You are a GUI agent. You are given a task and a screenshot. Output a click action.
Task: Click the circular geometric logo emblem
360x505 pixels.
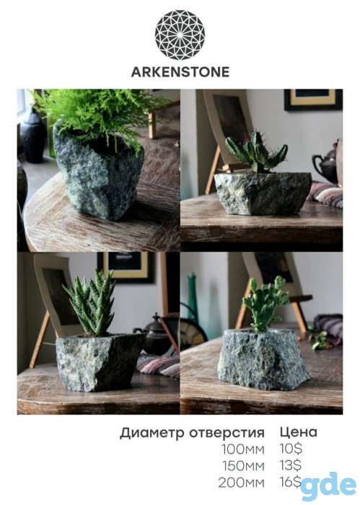coord(180,35)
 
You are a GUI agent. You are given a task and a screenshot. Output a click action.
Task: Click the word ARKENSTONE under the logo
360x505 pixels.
coord(180,72)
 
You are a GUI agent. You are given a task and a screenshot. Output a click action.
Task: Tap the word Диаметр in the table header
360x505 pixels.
coord(152,434)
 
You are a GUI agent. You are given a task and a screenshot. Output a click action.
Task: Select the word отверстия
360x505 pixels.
coord(227,433)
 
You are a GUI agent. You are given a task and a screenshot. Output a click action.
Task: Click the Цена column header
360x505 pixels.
coord(299,432)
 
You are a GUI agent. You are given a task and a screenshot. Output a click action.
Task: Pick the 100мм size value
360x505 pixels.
coord(243,449)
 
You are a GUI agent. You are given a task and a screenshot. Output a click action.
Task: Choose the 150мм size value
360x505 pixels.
coord(243,466)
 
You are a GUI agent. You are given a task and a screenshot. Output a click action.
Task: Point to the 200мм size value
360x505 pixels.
coord(241,483)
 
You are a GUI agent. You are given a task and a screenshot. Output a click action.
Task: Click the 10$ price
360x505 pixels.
coord(291,449)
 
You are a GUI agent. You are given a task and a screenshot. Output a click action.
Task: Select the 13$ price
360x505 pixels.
coord(291,465)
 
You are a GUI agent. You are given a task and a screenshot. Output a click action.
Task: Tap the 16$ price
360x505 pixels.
coord(291,482)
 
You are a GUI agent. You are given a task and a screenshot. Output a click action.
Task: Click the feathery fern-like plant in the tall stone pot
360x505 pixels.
coord(97,113)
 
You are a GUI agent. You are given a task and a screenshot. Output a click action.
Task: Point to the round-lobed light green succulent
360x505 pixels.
coord(265,303)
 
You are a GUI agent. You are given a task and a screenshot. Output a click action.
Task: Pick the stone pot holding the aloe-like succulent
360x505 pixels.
coord(98,362)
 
